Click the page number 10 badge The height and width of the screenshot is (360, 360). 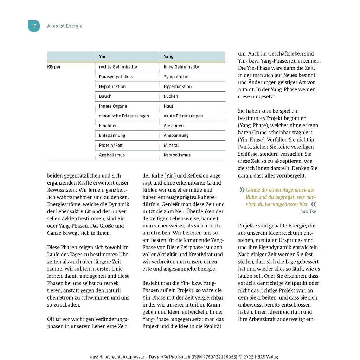point(34,26)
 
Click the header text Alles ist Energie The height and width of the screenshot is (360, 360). point(65,26)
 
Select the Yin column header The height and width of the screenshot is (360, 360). point(102,57)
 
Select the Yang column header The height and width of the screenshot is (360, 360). point(169,57)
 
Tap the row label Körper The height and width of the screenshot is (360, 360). point(54,67)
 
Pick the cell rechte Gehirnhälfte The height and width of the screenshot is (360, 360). point(118,67)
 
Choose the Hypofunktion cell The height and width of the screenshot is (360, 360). point(112,86)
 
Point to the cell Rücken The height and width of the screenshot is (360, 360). point(171,96)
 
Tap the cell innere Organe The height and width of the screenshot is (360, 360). point(113,106)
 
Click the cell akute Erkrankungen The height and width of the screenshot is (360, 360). point(183,116)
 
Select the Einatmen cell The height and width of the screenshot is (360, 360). point(108,126)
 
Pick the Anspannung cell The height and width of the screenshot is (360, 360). point(176,135)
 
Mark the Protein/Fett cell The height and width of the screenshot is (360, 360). point(111,145)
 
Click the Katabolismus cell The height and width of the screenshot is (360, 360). point(177,155)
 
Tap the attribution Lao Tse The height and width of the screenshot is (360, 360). point(308,211)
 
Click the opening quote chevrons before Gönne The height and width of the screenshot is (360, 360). point(242,190)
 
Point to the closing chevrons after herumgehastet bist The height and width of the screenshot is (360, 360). point(313,204)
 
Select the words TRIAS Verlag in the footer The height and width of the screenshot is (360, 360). point(266,357)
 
